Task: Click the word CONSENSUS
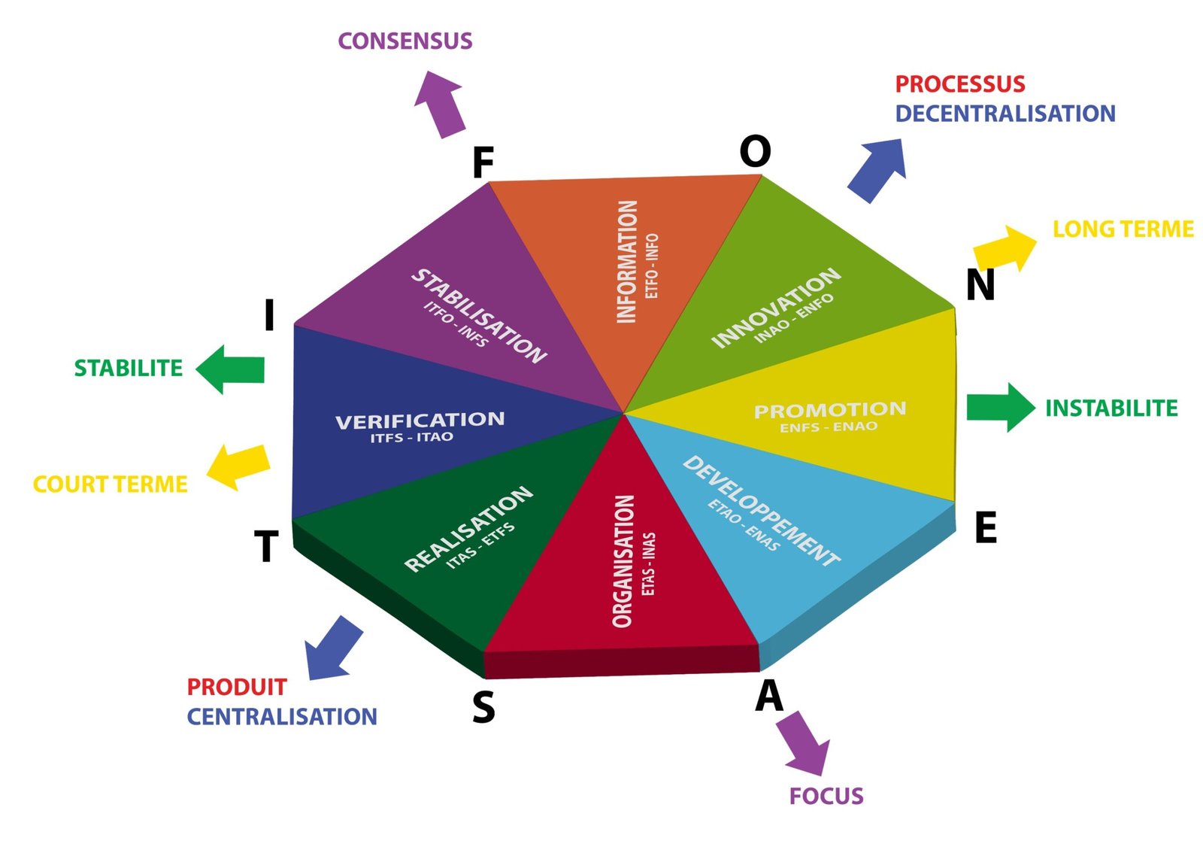pyautogui.click(x=405, y=41)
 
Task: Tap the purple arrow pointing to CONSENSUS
pyautogui.click(x=441, y=103)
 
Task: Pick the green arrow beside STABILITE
pyautogui.click(x=231, y=369)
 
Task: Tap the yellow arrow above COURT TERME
pyautogui.click(x=238, y=466)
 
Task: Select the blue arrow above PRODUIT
pyautogui.click(x=333, y=648)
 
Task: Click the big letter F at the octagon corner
pyautogui.click(x=483, y=162)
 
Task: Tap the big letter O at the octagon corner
pyautogui.click(x=755, y=152)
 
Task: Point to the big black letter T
pyautogui.click(x=266, y=546)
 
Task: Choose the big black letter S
pyautogui.click(x=483, y=707)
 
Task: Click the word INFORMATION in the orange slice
pyautogui.click(x=626, y=261)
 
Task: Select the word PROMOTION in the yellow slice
pyautogui.click(x=830, y=410)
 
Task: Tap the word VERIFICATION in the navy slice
pyautogui.click(x=420, y=420)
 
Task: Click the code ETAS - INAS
pyautogui.click(x=648, y=564)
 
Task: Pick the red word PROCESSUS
pyautogui.click(x=959, y=83)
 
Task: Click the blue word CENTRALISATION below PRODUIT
pyautogui.click(x=282, y=717)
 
